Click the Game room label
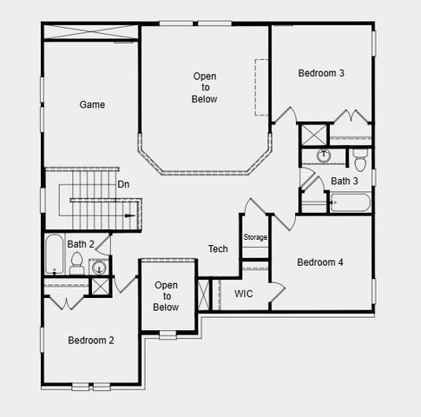coord(92,104)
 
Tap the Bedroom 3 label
coord(321,73)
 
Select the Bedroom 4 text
coord(320,262)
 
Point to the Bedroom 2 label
coord(91,340)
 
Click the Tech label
coord(218,249)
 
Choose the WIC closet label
coord(244,294)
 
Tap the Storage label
coord(255,237)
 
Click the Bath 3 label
coord(345,181)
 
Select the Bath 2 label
coord(82,244)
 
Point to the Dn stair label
coord(124,184)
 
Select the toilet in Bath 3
coord(359,158)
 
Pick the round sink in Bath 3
coord(324,156)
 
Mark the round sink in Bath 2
coord(100,266)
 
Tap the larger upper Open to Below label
coord(205,88)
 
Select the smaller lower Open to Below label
coord(166,296)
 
